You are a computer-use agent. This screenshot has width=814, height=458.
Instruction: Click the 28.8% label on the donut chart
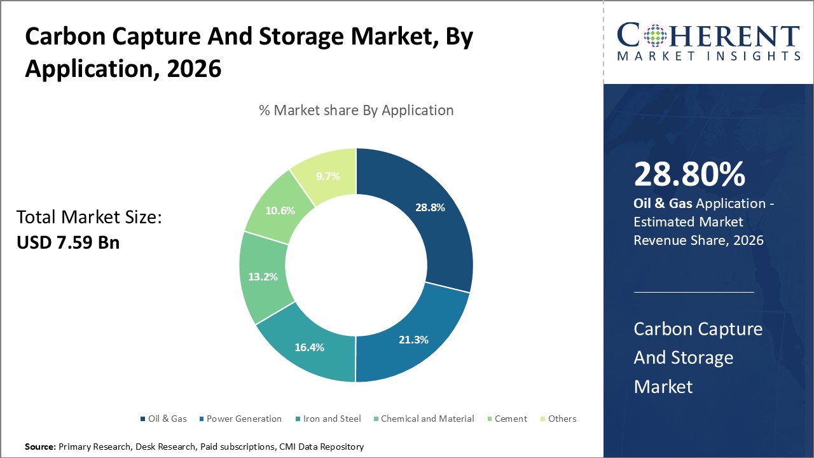430,207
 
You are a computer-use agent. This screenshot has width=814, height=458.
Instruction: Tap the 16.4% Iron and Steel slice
309,347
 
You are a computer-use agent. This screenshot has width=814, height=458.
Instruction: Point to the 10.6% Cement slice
280,211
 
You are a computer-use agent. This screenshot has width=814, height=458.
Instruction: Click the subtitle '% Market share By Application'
356,110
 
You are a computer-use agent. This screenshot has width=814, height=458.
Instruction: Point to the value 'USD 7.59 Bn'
68,242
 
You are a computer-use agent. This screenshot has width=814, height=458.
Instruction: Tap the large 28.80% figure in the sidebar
689,175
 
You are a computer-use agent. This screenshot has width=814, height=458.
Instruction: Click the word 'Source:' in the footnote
41,447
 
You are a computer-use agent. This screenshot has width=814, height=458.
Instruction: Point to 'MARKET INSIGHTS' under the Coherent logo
708,56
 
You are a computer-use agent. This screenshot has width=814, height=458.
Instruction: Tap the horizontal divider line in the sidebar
694,292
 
